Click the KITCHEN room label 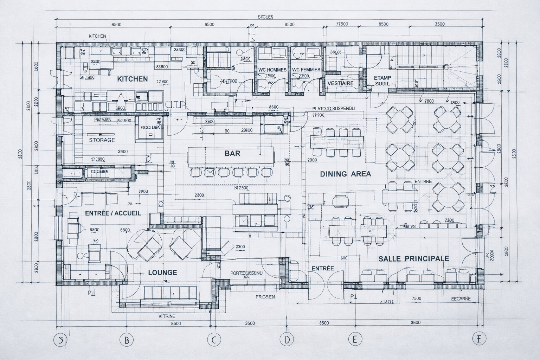click(133, 79)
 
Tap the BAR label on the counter click(232, 153)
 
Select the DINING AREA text click(345, 174)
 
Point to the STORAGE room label click(102, 140)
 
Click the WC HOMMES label click(272, 70)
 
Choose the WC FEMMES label click(306, 70)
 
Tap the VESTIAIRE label click(340, 83)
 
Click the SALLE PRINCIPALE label click(413, 258)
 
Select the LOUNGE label click(162, 272)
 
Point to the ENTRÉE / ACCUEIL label click(113, 213)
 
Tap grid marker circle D click(287, 340)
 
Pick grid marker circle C click(214, 340)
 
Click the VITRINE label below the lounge click(167, 316)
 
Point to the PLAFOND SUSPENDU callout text click(334, 109)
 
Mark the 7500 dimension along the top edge click(342, 24)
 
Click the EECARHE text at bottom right click(461, 299)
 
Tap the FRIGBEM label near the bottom click(265, 297)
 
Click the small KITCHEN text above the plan click(97, 36)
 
